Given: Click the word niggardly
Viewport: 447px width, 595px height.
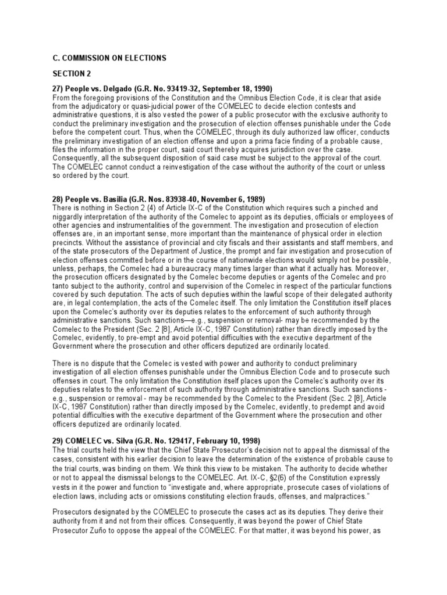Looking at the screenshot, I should [70, 217].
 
